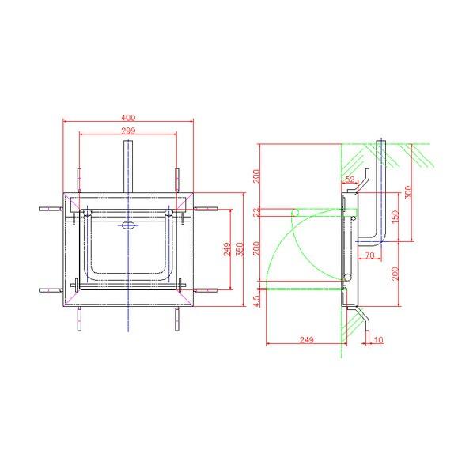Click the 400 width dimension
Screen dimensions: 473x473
pos(128,117)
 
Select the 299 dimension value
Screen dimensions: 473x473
pos(128,131)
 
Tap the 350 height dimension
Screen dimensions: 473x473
pos(240,249)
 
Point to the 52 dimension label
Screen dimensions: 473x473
pos(350,180)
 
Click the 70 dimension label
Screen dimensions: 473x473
pos(370,255)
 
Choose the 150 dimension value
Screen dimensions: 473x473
pos(395,217)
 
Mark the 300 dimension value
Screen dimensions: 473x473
pos(408,192)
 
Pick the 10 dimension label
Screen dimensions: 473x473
pos(378,340)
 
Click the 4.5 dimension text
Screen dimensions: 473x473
pos(256,301)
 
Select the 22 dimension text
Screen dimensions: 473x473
pos(256,213)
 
